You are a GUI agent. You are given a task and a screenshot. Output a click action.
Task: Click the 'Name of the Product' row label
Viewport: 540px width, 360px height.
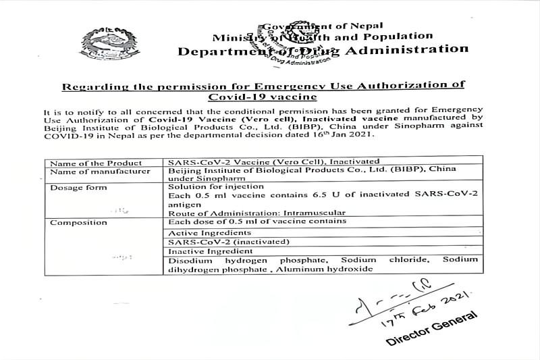96,163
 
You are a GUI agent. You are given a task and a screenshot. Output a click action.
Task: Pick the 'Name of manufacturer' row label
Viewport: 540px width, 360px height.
100,172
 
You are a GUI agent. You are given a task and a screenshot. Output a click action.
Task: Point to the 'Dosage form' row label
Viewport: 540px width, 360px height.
78,187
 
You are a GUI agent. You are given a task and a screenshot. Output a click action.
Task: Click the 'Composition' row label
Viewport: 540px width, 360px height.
78,222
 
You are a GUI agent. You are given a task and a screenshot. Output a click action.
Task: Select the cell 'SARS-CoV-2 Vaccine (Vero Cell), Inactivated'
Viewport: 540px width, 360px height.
273,162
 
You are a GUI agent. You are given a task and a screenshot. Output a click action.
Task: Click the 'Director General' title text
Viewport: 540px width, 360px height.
431,329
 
